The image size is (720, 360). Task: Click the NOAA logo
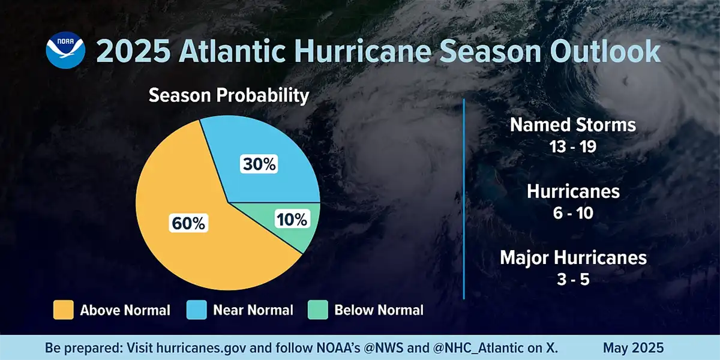click(x=64, y=52)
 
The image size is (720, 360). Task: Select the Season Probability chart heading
click(x=229, y=95)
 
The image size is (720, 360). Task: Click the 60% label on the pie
click(x=188, y=224)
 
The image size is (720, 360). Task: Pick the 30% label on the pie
click(x=259, y=164)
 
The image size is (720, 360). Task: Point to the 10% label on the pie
click(x=292, y=220)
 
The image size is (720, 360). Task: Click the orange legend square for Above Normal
click(x=63, y=310)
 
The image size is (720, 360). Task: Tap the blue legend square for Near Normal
click(x=196, y=310)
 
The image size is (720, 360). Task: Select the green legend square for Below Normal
click(x=317, y=310)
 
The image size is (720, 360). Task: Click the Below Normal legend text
click(x=379, y=310)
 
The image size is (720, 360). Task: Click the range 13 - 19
click(x=572, y=146)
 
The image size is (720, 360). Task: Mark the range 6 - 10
click(x=573, y=212)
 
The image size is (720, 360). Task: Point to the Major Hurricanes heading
click(x=573, y=257)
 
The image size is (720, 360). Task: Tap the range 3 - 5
click(x=573, y=279)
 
